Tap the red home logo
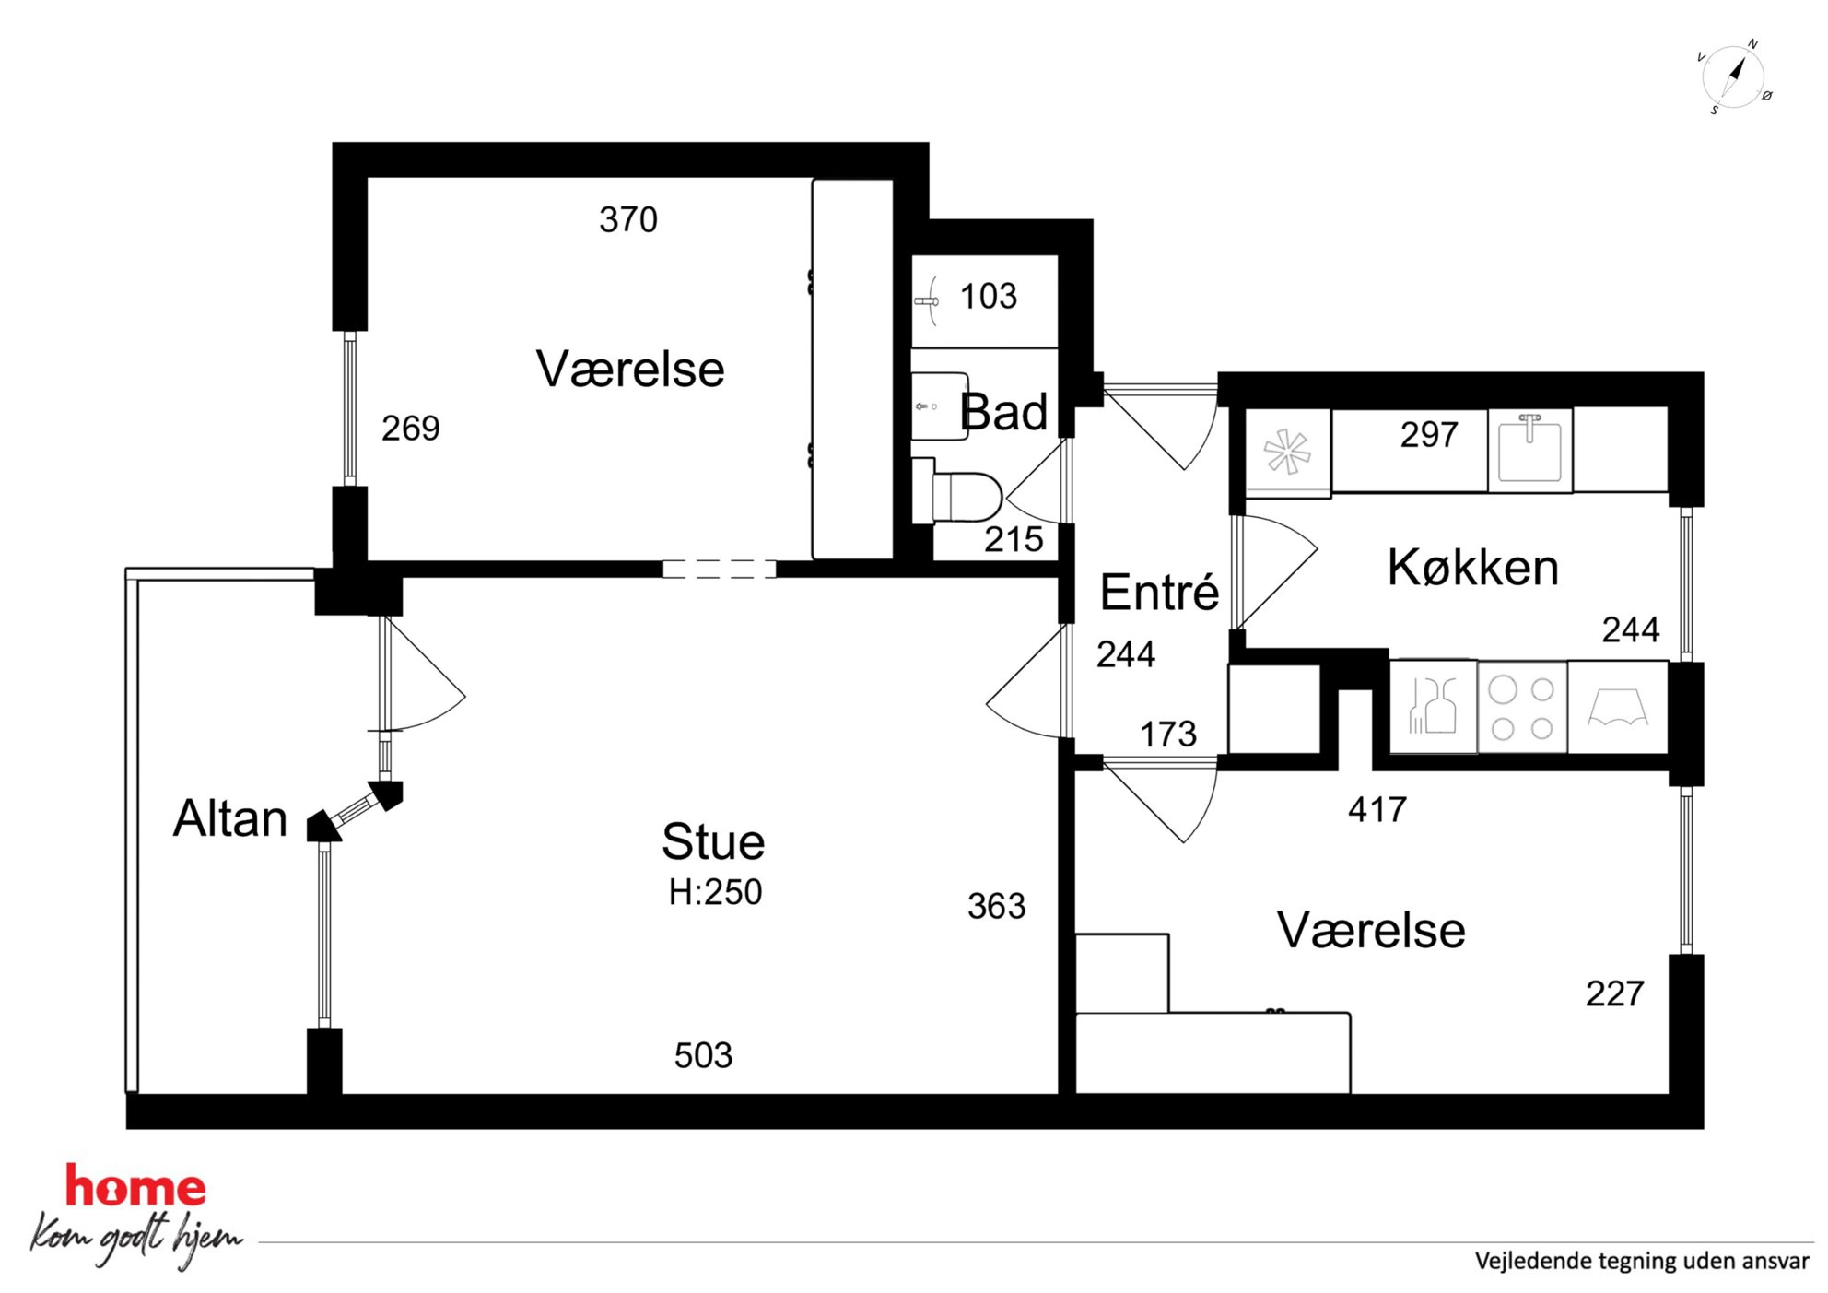(x=135, y=1187)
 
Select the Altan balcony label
(x=230, y=818)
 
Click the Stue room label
(x=713, y=841)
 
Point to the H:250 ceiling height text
(x=715, y=892)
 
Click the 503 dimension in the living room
(x=703, y=1055)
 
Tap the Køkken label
(x=1473, y=567)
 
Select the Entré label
(x=1159, y=591)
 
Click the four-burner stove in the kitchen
(x=1522, y=708)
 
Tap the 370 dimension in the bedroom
(x=628, y=219)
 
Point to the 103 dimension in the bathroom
(x=989, y=296)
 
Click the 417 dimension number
(x=1377, y=809)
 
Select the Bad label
(x=1003, y=411)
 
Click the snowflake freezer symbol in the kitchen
(x=1287, y=453)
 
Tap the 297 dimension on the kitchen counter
(x=1429, y=434)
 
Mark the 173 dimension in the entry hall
(x=1168, y=734)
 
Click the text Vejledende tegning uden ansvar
(x=1642, y=1261)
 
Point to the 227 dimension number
(x=1615, y=993)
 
